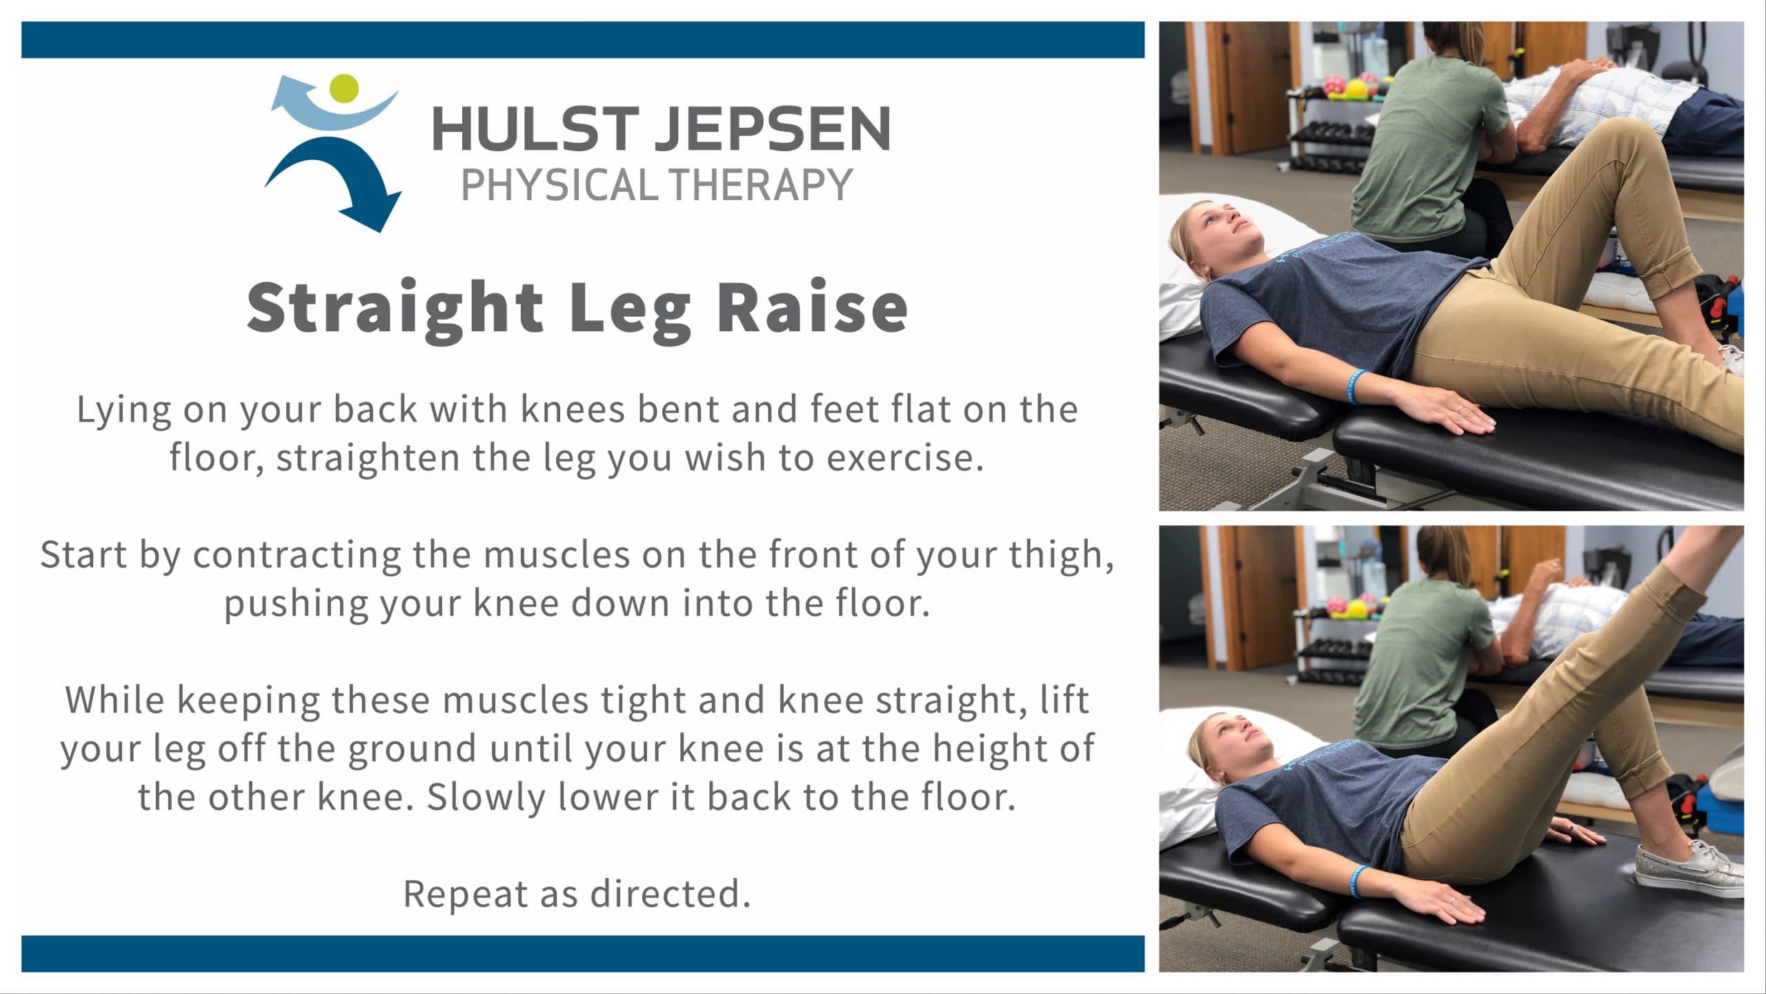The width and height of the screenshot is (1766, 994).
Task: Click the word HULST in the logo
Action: coord(532,128)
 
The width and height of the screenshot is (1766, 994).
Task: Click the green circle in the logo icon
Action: coord(344,88)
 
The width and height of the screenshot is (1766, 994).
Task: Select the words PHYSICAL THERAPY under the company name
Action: coord(657,185)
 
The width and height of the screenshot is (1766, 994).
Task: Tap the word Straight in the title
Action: coord(395,309)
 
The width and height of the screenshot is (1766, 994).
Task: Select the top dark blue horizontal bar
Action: coord(583,40)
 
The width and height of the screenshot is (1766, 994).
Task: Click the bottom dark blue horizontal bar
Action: coord(583,954)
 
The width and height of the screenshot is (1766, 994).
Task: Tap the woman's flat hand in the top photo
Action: coord(1442,416)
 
